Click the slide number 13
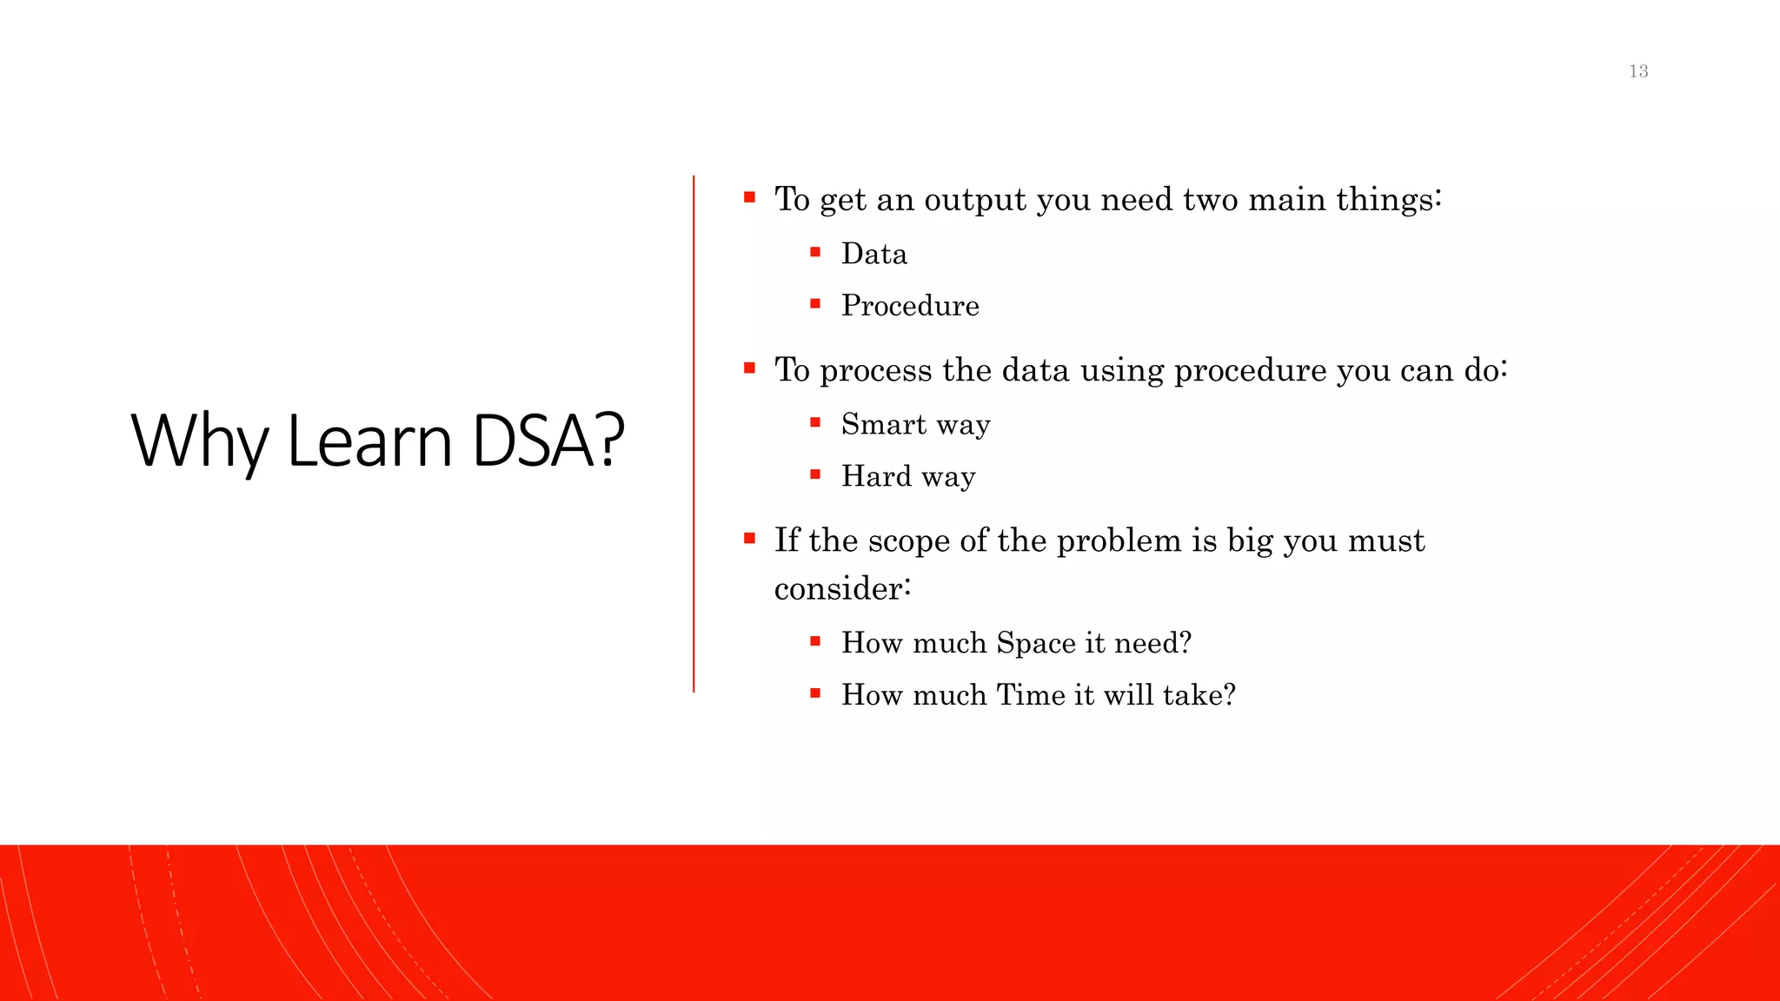click(1638, 71)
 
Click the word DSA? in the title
click(548, 441)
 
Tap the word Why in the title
click(199, 441)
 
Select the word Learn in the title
click(369, 441)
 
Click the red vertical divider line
click(694, 434)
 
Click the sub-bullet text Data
click(873, 254)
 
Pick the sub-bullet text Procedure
click(910, 306)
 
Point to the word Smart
click(884, 424)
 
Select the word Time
click(1031, 695)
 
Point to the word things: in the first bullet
click(1389, 200)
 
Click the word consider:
click(842, 589)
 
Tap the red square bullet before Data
click(815, 253)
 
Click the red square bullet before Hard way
click(815, 474)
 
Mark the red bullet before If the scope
click(749, 539)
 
